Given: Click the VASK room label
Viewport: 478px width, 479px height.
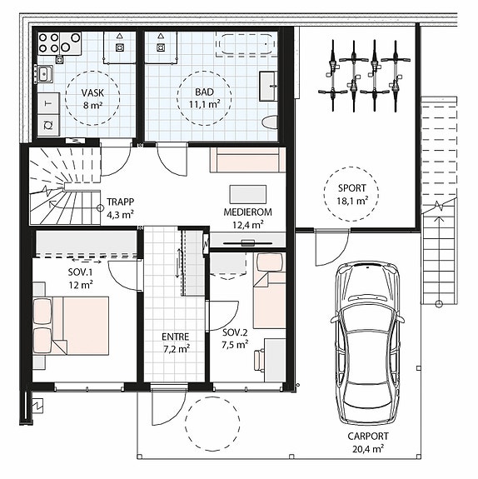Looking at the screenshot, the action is click(92, 92).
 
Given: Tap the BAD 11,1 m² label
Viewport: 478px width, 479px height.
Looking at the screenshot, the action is click(204, 98).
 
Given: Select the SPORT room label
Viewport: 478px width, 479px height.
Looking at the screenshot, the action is click(352, 188).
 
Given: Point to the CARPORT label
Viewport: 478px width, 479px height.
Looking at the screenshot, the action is click(368, 436).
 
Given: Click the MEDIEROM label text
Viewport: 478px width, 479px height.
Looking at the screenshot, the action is click(247, 212).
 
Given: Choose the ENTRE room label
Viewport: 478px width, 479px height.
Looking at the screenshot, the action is click(176, 337).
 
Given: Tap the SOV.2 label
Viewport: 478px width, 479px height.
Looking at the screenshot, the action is click(235, 332).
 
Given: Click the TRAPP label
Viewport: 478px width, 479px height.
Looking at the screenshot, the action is click(121, 202).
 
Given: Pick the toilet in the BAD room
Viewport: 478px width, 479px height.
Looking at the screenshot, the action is click(270, 123).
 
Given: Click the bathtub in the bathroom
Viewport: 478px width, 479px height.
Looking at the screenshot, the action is click(246, 45).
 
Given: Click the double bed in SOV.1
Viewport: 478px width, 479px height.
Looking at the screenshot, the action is click(71, 326).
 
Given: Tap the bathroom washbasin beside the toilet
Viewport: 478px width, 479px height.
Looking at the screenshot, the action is click(268, 86).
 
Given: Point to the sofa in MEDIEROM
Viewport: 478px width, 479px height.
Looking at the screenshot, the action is click(247, 160).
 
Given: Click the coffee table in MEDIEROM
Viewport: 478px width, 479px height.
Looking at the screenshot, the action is click(247, 194).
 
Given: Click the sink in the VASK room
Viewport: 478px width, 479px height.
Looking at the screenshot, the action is click(45, 73).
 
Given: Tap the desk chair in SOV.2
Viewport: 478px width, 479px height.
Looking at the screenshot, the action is click(259, 360).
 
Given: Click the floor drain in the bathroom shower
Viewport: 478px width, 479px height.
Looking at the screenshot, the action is click(161, 47).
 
